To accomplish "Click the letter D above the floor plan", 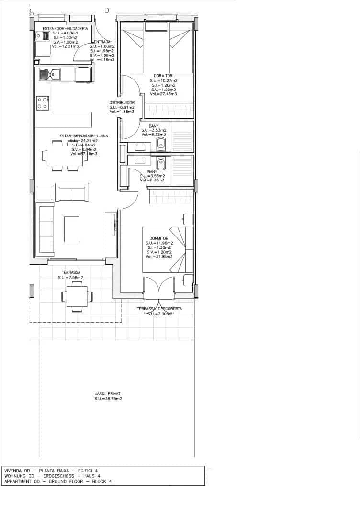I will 106,10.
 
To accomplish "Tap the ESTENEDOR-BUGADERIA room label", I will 65,29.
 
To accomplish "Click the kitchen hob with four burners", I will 43,103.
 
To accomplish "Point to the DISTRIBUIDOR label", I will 122,103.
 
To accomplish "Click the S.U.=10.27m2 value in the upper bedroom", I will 164,80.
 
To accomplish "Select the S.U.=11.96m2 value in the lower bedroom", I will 159,243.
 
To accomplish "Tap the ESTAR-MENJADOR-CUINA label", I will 84,136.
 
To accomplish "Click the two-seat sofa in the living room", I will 72,193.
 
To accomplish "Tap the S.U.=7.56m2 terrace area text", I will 70,278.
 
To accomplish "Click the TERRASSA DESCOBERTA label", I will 159,309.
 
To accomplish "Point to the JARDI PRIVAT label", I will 108,393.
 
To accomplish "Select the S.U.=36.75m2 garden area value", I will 108,398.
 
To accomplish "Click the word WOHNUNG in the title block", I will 15,476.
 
